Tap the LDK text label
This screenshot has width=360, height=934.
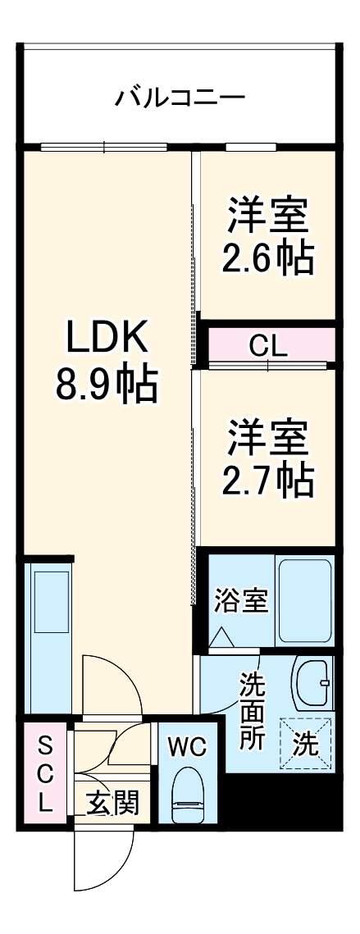pos(106,336)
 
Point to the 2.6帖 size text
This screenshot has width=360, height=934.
pos(267,258)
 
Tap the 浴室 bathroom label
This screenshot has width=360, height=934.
pos(241,601)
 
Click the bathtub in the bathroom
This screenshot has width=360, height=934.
pos(304,600)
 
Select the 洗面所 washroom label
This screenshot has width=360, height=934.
pos(253,709)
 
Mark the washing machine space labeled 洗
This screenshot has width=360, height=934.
pos(306,744)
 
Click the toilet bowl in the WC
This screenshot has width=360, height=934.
pos(188,793)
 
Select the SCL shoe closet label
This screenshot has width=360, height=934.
pos(45,774)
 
